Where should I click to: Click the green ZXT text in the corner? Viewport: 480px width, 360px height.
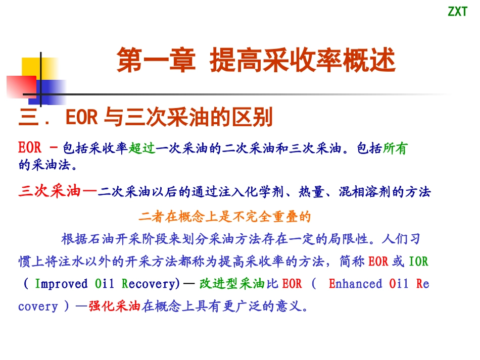[x=458, y=12]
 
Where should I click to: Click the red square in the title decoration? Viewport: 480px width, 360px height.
[x=20, y=87]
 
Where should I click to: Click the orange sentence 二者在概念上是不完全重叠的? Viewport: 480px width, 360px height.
[x=225, y=217]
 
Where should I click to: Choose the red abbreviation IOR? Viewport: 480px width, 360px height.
[x=418, y=262]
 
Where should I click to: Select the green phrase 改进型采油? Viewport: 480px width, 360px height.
[x=232, y=284]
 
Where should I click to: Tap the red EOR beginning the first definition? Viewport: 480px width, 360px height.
[x=30, y=148]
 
